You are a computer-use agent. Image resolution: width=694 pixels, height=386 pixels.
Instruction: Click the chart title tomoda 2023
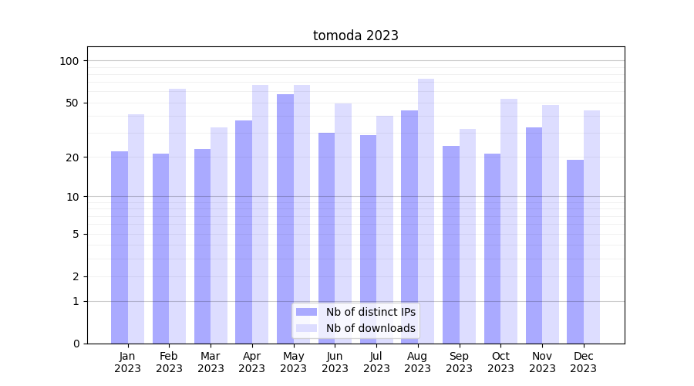coord(355,36)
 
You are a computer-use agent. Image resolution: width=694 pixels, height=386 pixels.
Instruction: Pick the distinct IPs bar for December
coord(575,252)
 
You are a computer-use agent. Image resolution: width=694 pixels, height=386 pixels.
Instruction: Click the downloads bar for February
coord(177,216)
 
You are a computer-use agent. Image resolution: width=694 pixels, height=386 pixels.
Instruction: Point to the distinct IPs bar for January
coord(120,247)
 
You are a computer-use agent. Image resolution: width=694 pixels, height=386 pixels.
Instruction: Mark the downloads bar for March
coord(219,235)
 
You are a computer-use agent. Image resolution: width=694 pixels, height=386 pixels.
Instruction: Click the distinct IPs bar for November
coord(534,235)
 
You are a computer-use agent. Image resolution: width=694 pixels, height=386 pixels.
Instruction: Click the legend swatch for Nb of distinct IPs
coord(306,312)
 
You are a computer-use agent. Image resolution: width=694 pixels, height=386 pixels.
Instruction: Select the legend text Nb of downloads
coord(371,328)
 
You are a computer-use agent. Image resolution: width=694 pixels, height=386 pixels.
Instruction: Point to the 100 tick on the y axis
coord(74,61)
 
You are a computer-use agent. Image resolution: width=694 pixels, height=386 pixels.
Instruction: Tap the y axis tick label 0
coord(76,344)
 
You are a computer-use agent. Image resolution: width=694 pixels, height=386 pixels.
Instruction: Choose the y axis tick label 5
coord(76,234)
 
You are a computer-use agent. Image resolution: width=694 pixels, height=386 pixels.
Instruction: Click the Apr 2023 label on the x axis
coord(252,362)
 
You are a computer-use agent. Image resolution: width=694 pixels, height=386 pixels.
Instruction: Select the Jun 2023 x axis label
coord(335,362)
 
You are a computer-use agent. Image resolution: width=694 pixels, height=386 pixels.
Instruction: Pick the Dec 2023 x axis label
coord(584,362)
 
